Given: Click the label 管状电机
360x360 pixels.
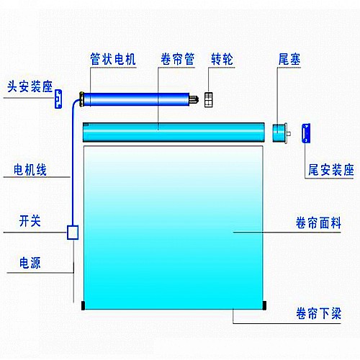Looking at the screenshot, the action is coord(113,59).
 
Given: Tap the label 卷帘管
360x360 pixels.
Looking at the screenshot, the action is coord(178,59).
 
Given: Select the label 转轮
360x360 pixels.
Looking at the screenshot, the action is coord(222,59).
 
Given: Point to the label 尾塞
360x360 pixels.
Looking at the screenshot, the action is coord(289,59).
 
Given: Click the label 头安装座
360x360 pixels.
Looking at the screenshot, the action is coord(30,86).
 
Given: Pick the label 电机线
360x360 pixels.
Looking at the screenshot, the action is coord(30,170).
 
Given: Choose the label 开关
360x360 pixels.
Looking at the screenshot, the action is coord(30,221).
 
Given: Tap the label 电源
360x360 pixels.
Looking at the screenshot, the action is coord(30,263).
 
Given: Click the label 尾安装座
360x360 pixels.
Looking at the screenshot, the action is coord(331,170).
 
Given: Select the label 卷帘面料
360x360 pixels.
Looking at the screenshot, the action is coord(318,222).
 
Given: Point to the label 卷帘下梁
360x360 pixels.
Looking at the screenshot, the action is coord(318,313).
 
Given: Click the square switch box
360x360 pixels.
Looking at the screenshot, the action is coord(73,232).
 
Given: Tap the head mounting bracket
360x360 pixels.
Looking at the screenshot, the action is coord(58,99).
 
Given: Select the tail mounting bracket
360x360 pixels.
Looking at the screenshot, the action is coord(306,133).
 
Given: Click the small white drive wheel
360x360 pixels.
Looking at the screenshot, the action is coord(208,99).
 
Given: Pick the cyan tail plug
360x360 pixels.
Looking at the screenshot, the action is coord(280,133).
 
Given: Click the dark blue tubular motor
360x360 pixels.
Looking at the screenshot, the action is coord(135,99).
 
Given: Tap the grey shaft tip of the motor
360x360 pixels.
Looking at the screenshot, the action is coord(194,99).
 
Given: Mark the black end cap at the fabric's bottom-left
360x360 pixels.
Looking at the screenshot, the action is coord(83,305).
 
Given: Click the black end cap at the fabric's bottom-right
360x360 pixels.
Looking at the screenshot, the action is coord(264,305).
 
